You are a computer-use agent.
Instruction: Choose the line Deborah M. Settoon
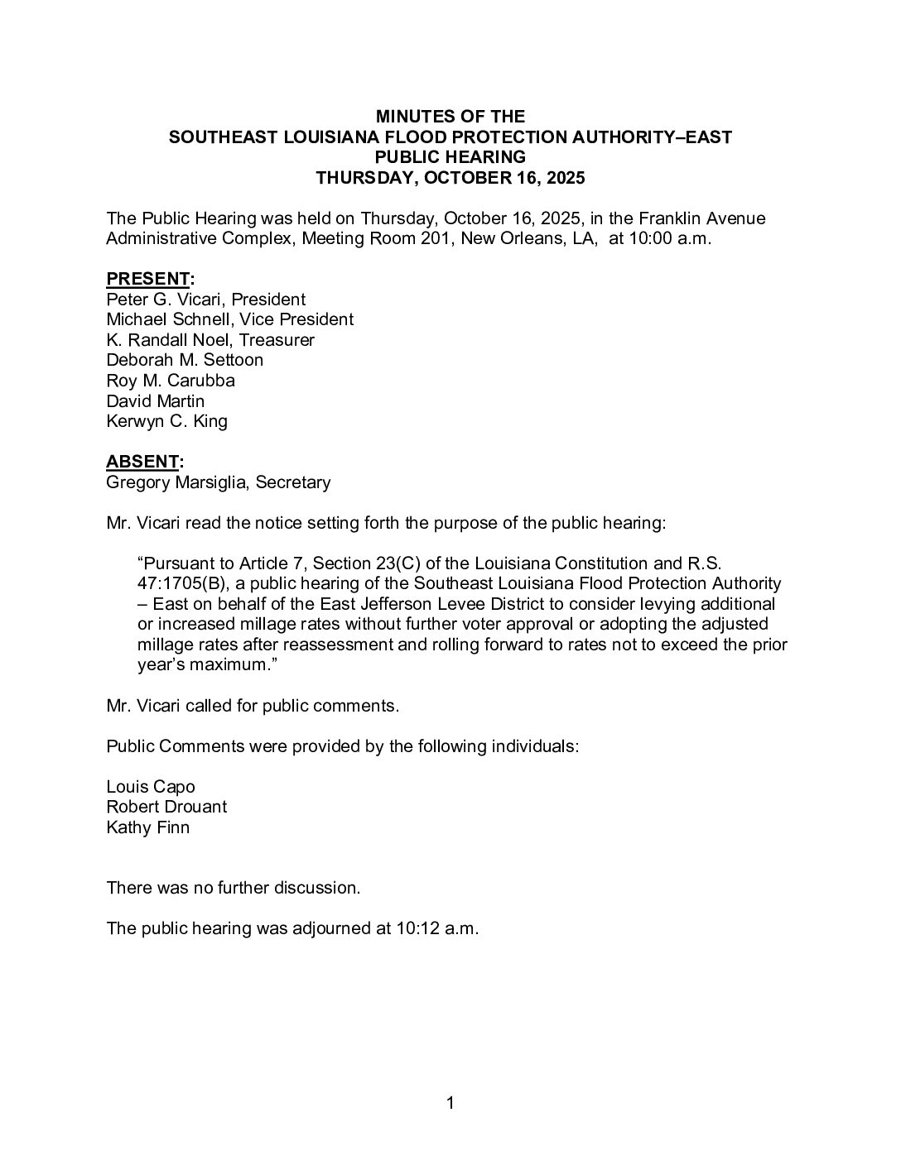click(x=185, y=360)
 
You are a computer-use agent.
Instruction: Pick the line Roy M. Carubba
click(x=171, y=381)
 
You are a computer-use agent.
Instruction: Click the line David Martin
click(x=155, y=401)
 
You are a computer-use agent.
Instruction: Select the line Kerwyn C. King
click(x=166, y=421)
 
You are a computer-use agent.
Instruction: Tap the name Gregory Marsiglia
click(x=176, y=482)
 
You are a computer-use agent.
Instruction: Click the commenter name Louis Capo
click(x=151, y=787)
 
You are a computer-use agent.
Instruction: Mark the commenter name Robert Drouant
click(x=166, y=807)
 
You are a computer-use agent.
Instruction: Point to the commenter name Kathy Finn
click(x=147, y=827)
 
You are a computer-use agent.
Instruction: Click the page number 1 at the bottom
click(x=450, y=1103)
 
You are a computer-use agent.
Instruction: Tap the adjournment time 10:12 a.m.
click(x=437, y=928)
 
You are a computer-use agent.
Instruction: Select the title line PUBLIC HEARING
click(x=450, y=157)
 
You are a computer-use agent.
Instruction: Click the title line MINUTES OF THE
click(x=450, y=117)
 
